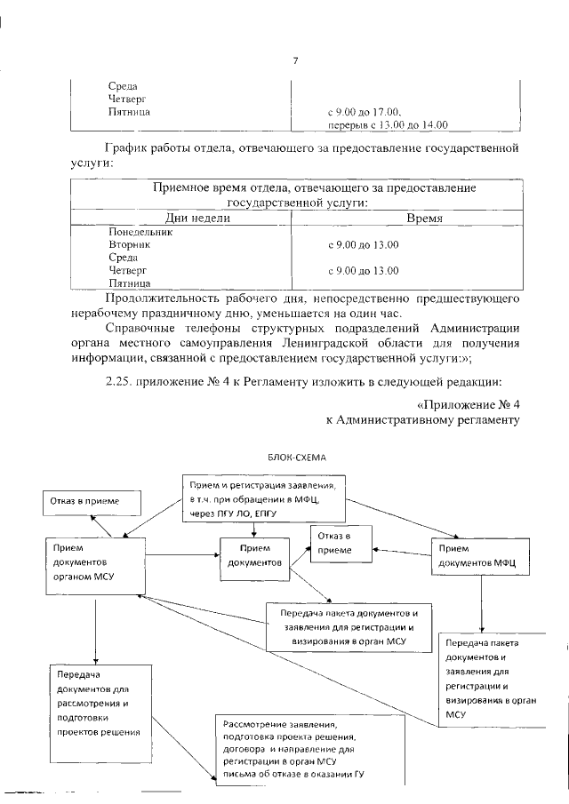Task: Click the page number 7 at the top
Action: click(x=294, y=60)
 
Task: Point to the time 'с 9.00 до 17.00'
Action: click(x=365, y=113)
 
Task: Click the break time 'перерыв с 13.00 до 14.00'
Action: click(x=388, y=125)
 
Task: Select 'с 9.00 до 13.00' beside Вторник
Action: click(x=364, y=244)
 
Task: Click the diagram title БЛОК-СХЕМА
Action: click(x=297, y=457)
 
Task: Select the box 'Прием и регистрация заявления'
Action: click(x=265, y=498)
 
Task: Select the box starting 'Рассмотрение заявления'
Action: click(x=308, y=747)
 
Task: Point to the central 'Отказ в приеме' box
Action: click(x=339, y=543)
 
